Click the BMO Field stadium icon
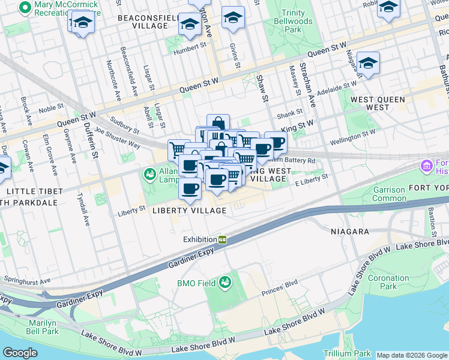[x=225, y=282]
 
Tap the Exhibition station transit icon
[x=222, y=239]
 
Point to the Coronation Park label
[x=388, y=282]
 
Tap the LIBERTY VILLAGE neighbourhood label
[x=189, y=211]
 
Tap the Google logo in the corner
[x=20, y=353]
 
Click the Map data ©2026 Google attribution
[x=411, y=355]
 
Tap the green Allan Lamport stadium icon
[x=149, y=174]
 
